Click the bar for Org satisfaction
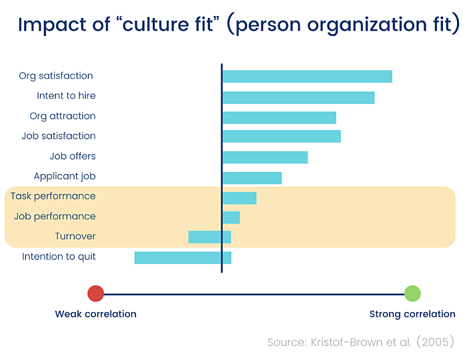click(307, 76)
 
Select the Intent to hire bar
click(298, 97)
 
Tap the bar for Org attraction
click(279, 117)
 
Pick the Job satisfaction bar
click(281, 137)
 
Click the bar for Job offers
click(265, 157)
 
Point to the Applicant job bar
click(252, 178)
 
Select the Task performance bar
click(239, 198)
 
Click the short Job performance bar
click(231, 217)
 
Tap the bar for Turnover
click(209, 237)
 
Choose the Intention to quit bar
click(183, 257)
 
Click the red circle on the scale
click(95, 293)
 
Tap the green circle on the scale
click(412, 293)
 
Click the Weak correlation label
click(95, 314)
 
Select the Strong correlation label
click(412, 314)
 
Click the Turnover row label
click(75, 237)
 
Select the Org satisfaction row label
click(56, 76)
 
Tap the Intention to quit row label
click(59, 257)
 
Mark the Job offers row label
click(73, 157)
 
